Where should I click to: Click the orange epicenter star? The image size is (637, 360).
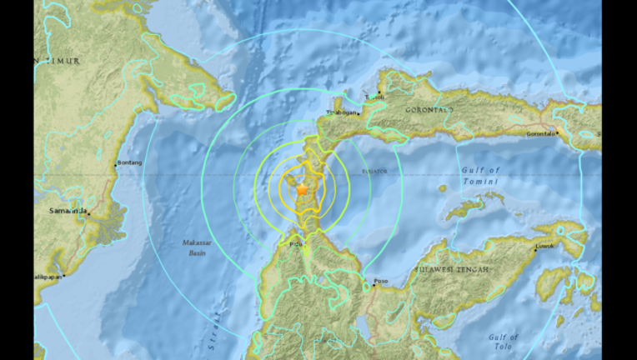302,190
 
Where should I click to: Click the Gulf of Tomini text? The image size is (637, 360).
480,176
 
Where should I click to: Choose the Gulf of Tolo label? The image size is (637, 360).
504,341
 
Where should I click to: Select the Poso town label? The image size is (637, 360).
382,281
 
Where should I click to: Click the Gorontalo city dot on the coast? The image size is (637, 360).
556,130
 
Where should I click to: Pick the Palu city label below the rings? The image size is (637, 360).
295,244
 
